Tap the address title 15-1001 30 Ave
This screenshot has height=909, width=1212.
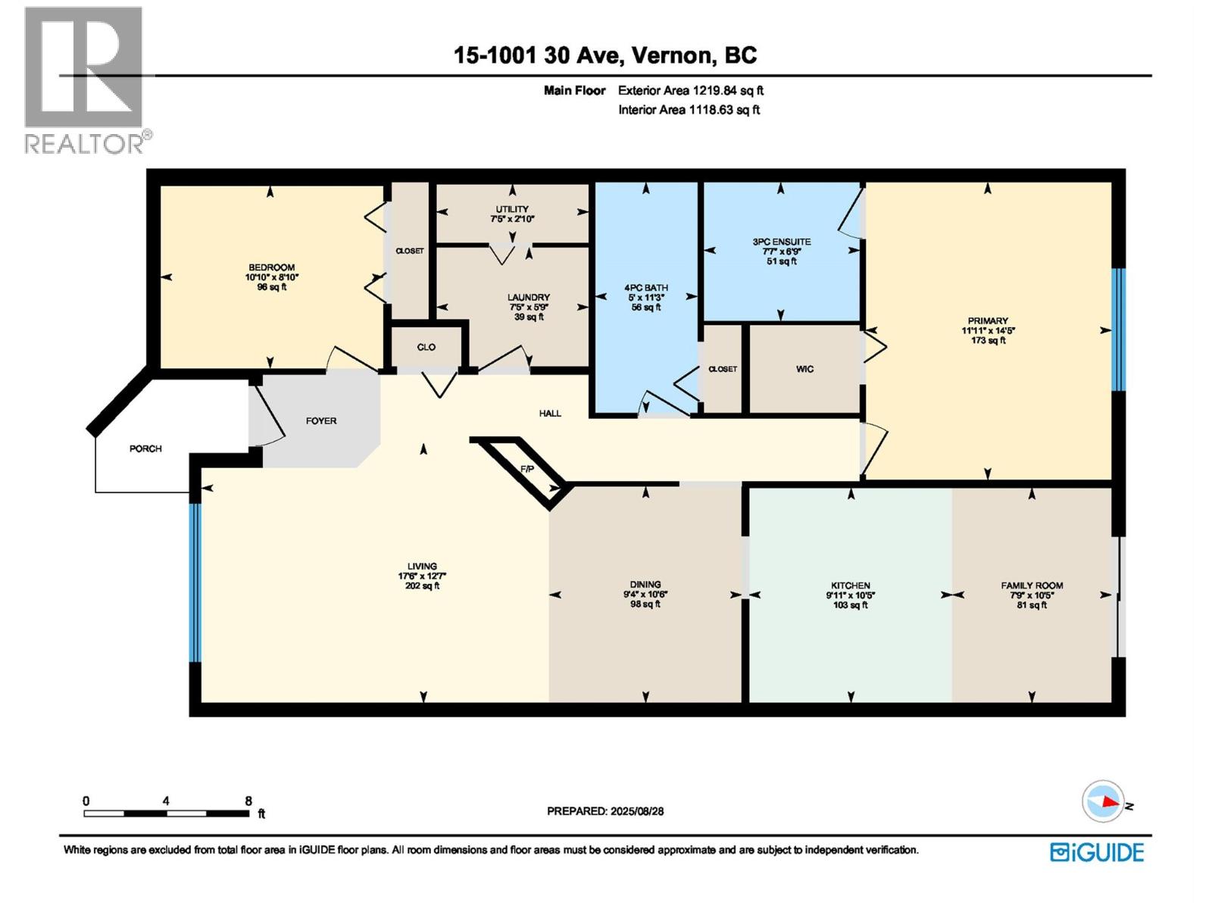coord(539,55)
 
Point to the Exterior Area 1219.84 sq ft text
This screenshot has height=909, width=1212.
coord(691,90)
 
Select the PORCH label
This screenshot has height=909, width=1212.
coord(145,448)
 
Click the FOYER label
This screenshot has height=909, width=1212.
coord(321,420)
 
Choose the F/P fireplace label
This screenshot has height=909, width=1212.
coord(527,469)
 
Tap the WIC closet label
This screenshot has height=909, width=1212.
coord(804,369)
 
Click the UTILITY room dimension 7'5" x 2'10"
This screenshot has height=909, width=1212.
coord(512,219)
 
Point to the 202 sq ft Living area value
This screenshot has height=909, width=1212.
coord(423,586)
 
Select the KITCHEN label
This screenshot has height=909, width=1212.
coord(851,586)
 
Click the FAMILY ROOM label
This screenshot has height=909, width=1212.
coord(1032,586)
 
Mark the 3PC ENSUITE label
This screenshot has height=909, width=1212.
coord(781,242)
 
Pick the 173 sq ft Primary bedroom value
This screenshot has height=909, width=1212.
coord(988,341)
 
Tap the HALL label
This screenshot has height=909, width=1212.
coord(550,414)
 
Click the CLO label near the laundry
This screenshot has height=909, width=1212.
coord(426,347)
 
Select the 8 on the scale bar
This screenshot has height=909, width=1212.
coord(248,801)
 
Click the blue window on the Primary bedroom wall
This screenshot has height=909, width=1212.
coord(1118,330)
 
